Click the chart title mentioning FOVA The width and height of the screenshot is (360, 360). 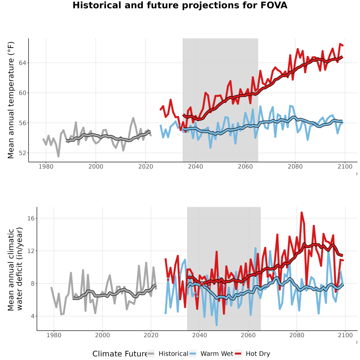[180, 5]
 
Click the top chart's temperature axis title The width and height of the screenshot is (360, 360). [11, 100]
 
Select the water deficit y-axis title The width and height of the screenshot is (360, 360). [15, 269]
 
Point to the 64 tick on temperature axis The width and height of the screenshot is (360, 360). [22, 63]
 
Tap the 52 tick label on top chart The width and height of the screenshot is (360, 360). [22, 153]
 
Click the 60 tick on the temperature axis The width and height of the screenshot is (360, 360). [22, 93]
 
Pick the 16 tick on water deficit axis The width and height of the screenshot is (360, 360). [31, 218]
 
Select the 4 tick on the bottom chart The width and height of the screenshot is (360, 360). [33, 316]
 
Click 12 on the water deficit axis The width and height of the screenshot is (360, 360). [31, 251]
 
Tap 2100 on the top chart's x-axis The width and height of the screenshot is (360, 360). [345, 166]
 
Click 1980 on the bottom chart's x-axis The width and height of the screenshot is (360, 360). [54, 335]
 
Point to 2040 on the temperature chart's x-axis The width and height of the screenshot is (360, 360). [195, 166]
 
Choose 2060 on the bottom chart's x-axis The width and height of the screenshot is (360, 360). [248, 335]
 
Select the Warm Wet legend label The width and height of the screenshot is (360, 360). [217, 354]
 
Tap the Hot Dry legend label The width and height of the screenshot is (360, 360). [258, 354]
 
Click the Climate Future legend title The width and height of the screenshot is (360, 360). [120, 354]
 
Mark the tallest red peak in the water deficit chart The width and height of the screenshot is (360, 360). [302, 213]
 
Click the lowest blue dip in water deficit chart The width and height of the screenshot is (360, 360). [216, 325]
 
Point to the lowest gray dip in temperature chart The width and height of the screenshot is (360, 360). [58, 156]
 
